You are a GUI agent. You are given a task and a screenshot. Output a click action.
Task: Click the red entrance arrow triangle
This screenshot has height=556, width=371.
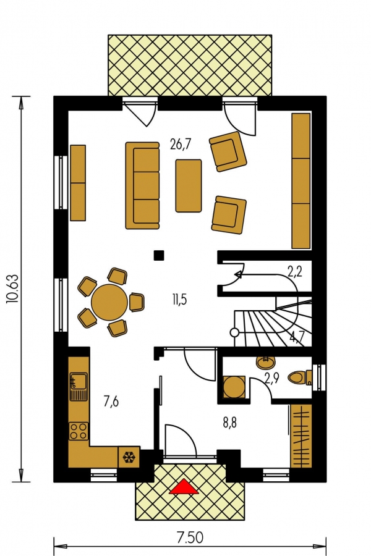click(184, 487)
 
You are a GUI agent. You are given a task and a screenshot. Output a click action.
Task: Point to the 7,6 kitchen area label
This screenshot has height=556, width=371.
click(111, 402)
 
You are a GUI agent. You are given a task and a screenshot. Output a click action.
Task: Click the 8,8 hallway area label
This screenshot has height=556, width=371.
click(230, 423)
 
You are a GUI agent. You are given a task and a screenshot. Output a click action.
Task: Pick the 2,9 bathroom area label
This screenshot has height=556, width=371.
click(272, 378)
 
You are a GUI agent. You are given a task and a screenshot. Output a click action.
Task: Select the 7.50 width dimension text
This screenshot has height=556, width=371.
click(190, 538)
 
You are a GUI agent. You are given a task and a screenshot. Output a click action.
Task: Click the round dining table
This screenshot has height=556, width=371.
click(109, 302)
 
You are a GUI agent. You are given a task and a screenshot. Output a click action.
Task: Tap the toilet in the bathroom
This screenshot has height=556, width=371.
click(300, 377)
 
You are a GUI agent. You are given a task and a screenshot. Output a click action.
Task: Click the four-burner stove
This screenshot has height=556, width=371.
click(79, 431)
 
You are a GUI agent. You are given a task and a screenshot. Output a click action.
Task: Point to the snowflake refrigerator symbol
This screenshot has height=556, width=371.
click(129, 458)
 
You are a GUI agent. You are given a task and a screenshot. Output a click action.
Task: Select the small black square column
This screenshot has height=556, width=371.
click(159, 255)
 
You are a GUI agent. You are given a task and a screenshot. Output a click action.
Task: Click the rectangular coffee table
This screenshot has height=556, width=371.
click(189, 186)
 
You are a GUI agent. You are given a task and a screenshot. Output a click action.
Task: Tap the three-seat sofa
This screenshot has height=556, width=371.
click(142, 185)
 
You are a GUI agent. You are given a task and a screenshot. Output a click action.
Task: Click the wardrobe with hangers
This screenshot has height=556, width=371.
click(301, 436)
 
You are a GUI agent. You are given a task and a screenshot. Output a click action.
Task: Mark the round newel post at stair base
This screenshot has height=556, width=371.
click(234, 332)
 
